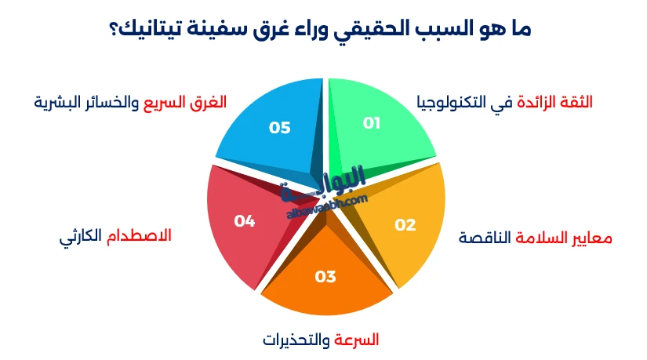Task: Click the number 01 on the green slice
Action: [x=372, y=123]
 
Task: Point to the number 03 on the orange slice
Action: [x=325, y=276]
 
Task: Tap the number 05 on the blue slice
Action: [x=280, y=127]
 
